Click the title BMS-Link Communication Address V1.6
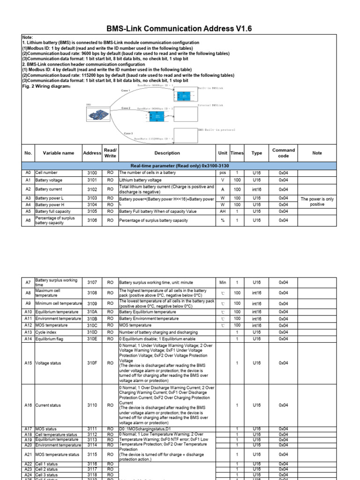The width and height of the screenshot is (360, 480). pyautogui.click(x=180, y=29)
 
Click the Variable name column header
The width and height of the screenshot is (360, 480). pyautogui.click(x=59, y=153)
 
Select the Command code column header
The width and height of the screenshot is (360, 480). pyautogui.click(x=284, y=153)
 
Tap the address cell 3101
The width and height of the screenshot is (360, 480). pyautogui.click(x=92, y=180)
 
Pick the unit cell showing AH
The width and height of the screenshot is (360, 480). pyautogui.click(x=223, y=211)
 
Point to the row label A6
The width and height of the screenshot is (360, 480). pyautogui.click(x=28, y=220)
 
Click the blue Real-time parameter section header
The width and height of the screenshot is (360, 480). pyautogui.click(x=180, y=166)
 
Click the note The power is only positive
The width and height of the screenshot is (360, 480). pyautogui.click(x=317, y=202)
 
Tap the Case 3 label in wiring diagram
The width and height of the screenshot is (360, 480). pyautogui.click(x=128, y=134)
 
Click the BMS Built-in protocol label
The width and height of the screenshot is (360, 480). pyautogui.click(x=216, y=129)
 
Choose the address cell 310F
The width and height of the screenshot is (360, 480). pyautogui.click(x=92, y=363)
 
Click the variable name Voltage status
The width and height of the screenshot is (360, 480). pyautogui.click(x=49, y=363)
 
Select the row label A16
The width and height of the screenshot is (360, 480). pyautogui.click(x=28, y=405)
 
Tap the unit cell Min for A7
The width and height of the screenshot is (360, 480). pyautogui.click(x=223, y=282)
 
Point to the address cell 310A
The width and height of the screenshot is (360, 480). pyautogui.click(x=92, y=312)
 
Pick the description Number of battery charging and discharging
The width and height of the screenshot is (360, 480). pyautogui.click(x=158, y=332)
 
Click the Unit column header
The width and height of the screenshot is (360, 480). pyautogui.click(x=223, y=153)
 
